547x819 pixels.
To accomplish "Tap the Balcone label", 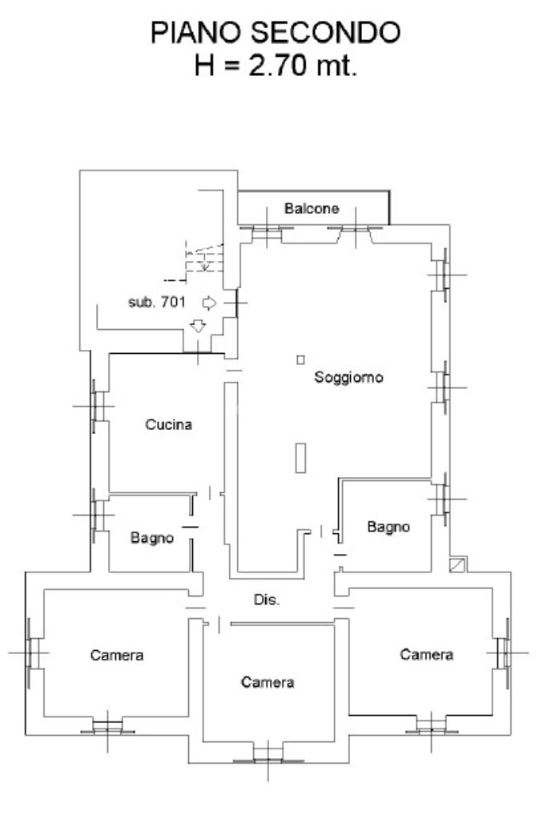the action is pyautogui.click(x=312, y=209).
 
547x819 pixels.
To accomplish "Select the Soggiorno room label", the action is pyautogui.click(x=348, y=377).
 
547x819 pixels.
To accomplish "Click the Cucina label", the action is pyautogui.click(x=168, y=425).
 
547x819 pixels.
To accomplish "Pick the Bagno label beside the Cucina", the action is pyautogui.click(x=152, y=538).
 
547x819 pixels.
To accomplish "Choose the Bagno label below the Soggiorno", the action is pyautogui.click(x=388, y=527).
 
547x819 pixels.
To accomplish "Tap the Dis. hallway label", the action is pyautogui.click(x=267, y=600).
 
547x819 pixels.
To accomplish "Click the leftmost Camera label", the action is pyautogui.click(x=117, y=655).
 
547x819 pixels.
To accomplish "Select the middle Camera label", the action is pyautogui.click(x=267, y=682).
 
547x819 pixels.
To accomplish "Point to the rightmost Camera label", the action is pyautogui.click(x=427, y=654).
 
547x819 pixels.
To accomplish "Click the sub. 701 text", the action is pyautogui.click(x=157, y=303).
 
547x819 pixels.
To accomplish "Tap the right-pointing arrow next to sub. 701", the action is pyautogui.click(x=210, y=303).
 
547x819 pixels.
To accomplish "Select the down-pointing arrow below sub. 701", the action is pyautogui.click(x=197, y=325).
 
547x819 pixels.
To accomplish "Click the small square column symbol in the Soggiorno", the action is pyautogui.click(x=300, y=359).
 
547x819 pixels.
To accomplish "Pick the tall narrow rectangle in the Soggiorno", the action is pyautogui.click(x=300, y=457).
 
